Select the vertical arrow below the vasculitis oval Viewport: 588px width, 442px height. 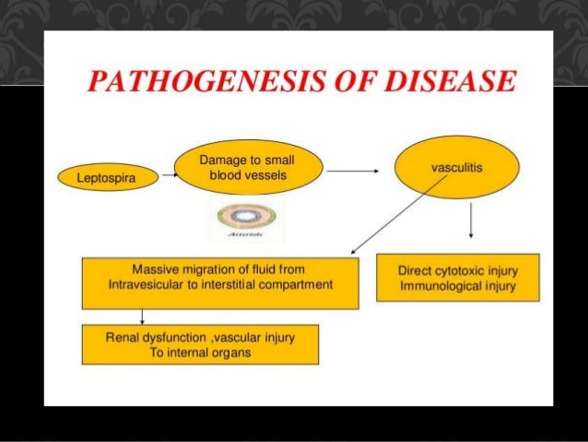(x=472, y=222)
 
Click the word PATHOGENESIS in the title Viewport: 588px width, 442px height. (x=194, y=84)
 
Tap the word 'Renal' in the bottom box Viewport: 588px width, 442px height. (x=123, y=339)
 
